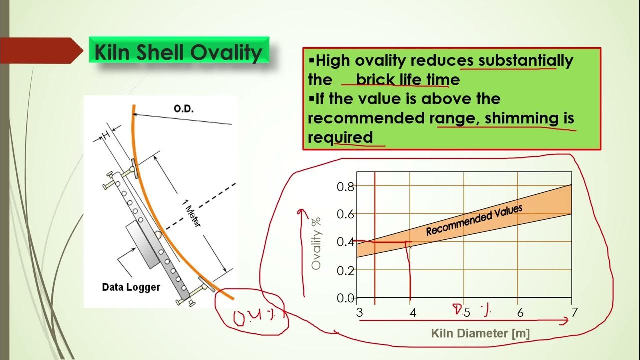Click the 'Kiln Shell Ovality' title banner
coord(179,51)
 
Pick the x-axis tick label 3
coord(359,313)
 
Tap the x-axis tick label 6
coord(520,313)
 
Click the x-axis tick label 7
coord(575,313)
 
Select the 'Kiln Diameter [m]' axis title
coord(480,333)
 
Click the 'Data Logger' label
coord(131,287)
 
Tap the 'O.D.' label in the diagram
coord(183,109)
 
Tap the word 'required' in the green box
coord(340,137)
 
